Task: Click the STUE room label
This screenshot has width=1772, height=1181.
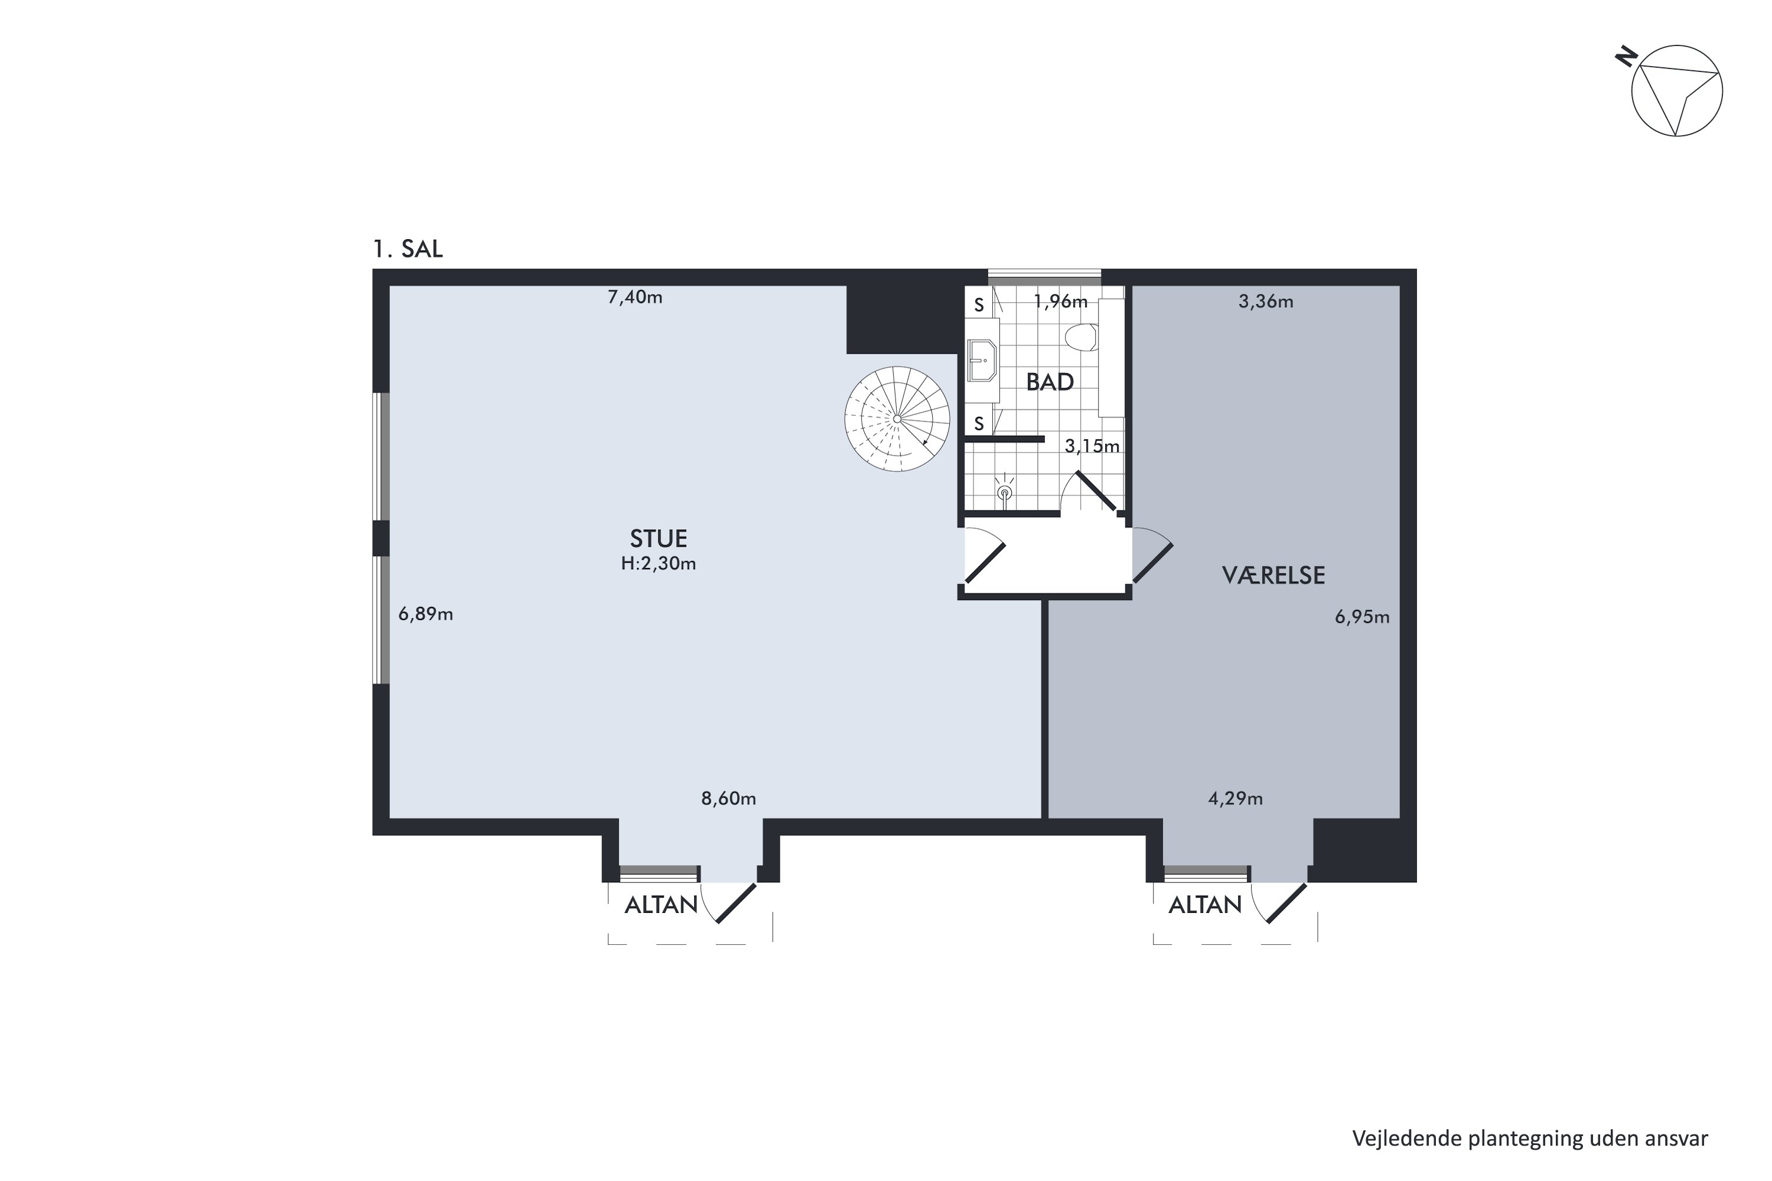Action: pyautogui.click(x=659, y=539)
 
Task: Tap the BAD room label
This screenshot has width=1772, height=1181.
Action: pyautogui.click(x=1050, y=383)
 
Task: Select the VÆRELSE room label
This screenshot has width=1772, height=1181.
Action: pyautogui.click(x=1273, y=575)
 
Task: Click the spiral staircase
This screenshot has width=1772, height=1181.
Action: pyautogui.click(x=897, y=419)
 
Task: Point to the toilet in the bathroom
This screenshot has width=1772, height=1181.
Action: pyautogui.click(x=1082, y=337)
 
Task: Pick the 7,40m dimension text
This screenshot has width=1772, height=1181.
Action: pyautogui.click(x=635, y=298)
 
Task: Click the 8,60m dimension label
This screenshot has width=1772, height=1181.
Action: pyautogui.click(x=728, y=799)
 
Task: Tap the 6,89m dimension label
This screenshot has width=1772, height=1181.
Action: pyautogui.click(x=426, y=615)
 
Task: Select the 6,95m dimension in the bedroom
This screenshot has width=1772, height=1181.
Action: pyautogui.click(x=1362, y=618)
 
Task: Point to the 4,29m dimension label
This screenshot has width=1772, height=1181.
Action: pyautogui.click(x=1236, y=799)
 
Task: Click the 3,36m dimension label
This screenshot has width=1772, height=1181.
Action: pyautogui.click(x=1266, y=302)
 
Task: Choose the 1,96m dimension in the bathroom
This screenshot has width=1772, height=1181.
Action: pyautogui.click(x=1061, y=302)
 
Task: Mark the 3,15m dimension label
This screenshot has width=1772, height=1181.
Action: pyautogui.click(x=1092, y=446)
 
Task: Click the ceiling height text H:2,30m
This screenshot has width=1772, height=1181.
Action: pyautogui.click(x=659, y=564)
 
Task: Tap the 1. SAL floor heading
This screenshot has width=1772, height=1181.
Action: pyautogui.click(x=408, y=249)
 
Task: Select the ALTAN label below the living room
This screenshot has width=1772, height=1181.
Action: pyautogui.click(x=661, y=905)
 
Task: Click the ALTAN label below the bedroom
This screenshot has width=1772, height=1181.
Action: pyautogui.click(x=1205, y=905)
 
